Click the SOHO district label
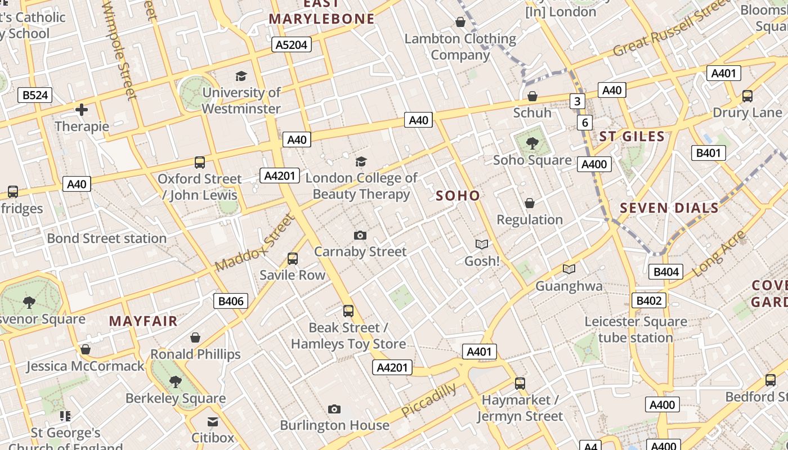(458, 196)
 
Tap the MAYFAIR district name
(143, 321)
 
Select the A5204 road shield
(292, 44)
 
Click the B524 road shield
(35, 95)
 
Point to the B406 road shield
(231, 301)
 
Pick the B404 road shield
(666, 272)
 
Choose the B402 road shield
(648, 300)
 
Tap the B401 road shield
(708, 153)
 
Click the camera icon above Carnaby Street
(360, 235)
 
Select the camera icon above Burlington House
(334, 409)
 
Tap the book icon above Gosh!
(481, 244)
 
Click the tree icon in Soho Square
(532, 143)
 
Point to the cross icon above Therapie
(82, 110)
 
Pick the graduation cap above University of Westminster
(241, 76)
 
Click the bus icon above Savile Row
(292, 259)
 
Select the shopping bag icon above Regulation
(530, 203)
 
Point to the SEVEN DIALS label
(669, 208)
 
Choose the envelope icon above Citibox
(213, 422)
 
